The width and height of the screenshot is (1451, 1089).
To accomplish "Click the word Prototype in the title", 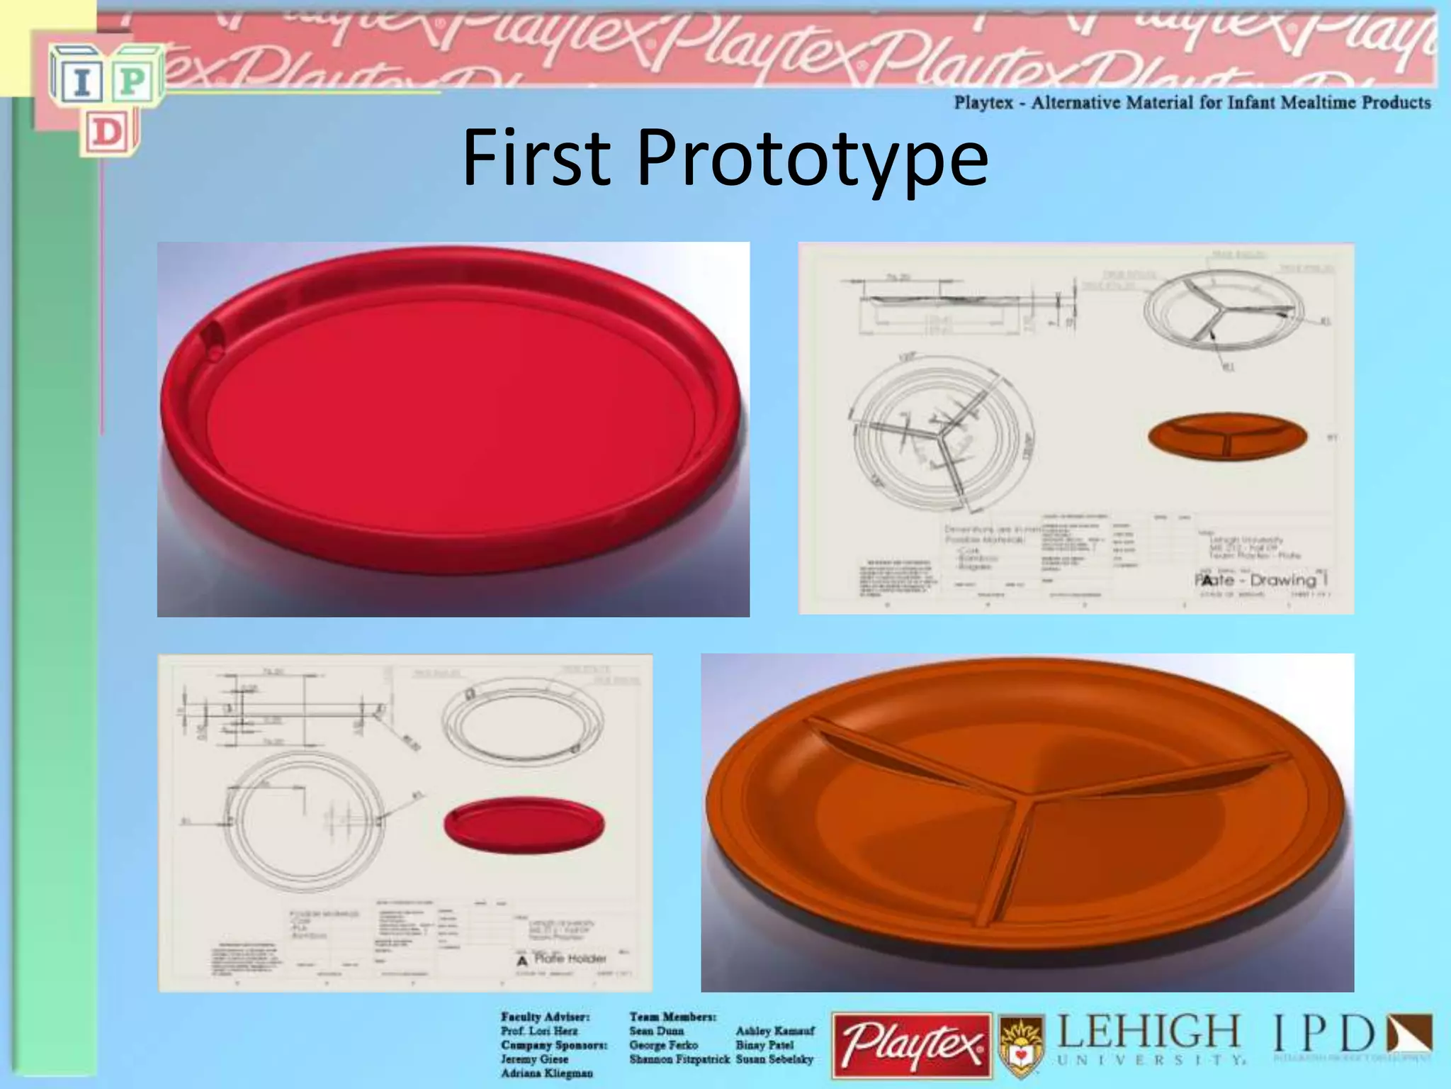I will coord(812,162).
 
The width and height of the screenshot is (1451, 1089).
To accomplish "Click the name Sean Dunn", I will coord(656,1031).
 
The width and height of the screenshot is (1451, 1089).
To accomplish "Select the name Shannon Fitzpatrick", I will coord(679,1059).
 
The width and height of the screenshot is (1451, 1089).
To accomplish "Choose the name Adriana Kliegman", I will coord(546,1073).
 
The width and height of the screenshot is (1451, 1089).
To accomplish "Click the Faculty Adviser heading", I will coord(545,1017).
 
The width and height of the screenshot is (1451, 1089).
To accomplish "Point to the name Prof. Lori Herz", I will coord(539,1031).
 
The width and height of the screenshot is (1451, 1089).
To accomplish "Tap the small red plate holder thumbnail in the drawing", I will coord(524,825).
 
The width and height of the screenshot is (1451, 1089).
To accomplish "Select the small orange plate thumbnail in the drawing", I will coord(1227,436).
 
